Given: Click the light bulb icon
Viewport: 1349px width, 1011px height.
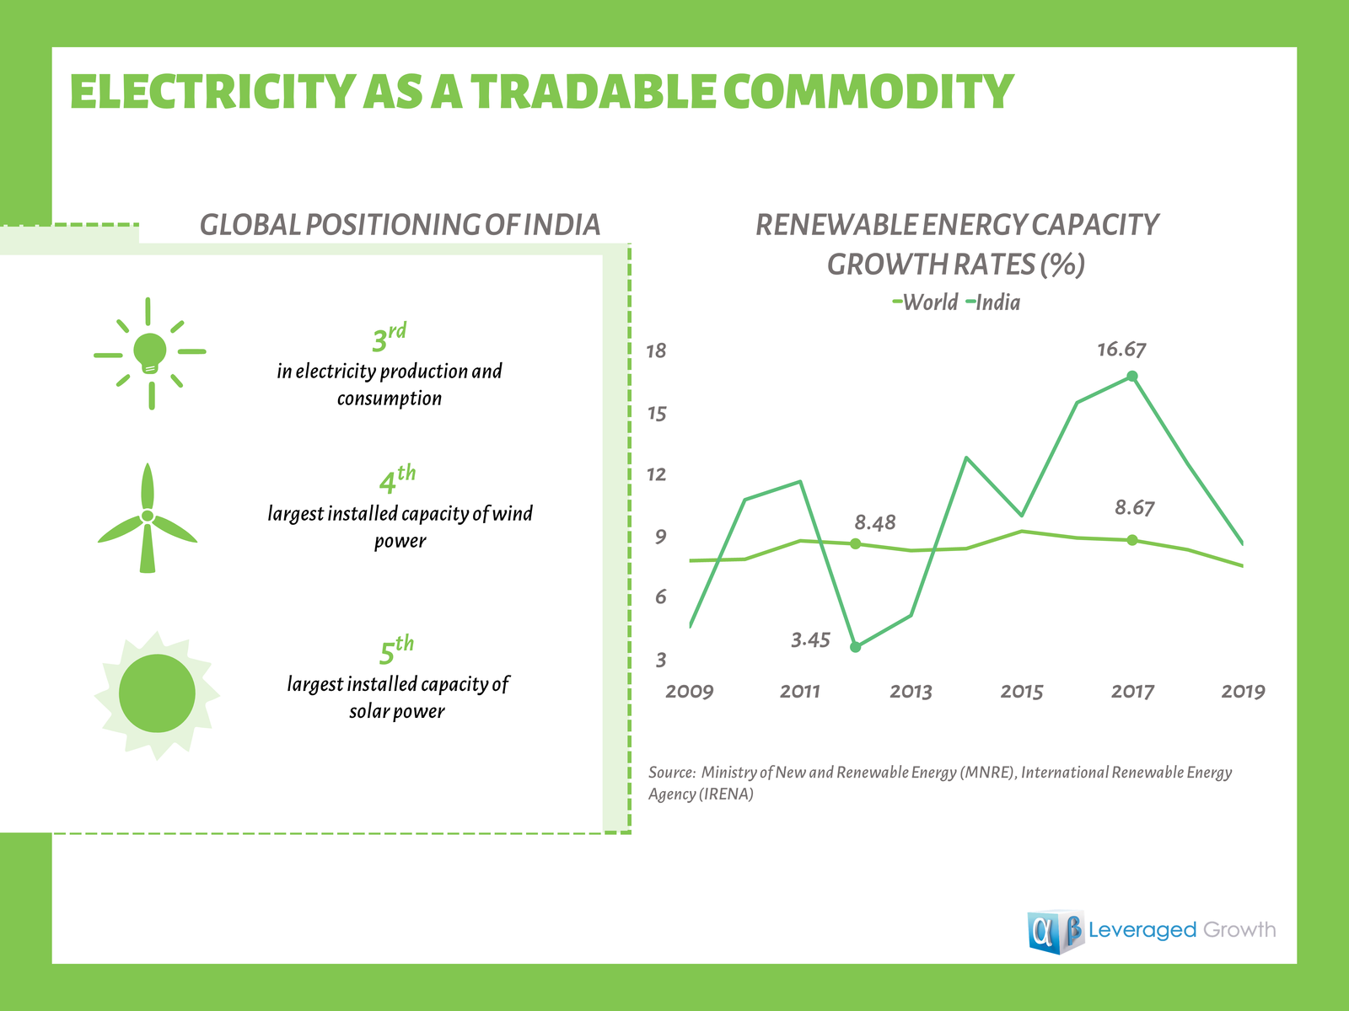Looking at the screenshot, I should coord(150,353).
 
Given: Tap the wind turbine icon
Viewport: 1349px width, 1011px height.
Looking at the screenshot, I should coord(148,517).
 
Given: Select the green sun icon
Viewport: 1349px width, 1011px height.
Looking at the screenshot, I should coord(157,694).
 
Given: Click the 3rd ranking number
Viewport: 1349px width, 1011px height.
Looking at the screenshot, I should coord(389,338).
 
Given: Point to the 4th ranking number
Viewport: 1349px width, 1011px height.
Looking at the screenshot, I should coord(396,480).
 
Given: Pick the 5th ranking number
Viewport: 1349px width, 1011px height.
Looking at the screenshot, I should coord(395,650).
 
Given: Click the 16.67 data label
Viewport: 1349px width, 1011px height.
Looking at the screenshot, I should coord(1121,350).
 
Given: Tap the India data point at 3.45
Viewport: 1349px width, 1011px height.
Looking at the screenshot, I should coord(856,647).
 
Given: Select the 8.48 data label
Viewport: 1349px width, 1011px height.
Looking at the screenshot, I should coord(875,523).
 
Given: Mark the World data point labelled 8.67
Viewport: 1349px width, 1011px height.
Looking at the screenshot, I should coord(1132,540).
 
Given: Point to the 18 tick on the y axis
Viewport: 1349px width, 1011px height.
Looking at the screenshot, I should coord(656,351).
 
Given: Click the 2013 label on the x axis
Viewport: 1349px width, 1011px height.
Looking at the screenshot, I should coord(911,692).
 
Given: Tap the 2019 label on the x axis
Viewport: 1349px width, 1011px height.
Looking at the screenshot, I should coord(1244,692).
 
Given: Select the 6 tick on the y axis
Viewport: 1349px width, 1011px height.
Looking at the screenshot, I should coord(661,597).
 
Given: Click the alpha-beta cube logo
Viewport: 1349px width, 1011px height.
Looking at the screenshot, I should coord(1055,931).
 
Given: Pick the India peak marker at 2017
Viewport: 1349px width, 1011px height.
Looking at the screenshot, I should coord(1132,377).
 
